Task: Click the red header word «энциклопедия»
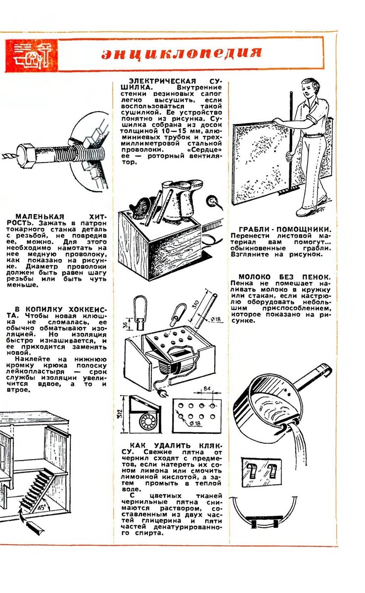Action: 182,53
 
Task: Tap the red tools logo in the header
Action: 31,54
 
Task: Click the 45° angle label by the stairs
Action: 42,506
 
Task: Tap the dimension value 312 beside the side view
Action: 121,413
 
